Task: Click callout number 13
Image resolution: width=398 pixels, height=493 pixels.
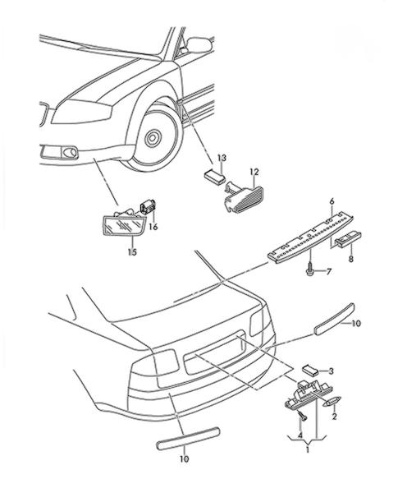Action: (x=222, y=158)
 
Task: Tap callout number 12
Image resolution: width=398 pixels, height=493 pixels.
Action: (x=254, y=172)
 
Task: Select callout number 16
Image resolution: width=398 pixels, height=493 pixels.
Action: (x=153, y=227)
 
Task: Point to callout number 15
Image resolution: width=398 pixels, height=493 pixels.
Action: (x=132, y=252)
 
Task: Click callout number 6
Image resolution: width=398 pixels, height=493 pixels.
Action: (x=332, y=201)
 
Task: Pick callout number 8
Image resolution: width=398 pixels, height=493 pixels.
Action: (x=351, y=259)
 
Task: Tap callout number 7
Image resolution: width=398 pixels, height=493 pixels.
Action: (x=329, y=271)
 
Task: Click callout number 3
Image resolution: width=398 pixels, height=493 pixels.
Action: (x=331, y=371)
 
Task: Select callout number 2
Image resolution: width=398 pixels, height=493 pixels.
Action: (x=334, y=417)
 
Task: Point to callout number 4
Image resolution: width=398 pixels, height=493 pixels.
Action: (x=300, y=435)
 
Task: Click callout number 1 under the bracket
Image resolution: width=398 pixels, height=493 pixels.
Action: (x=308, y=449)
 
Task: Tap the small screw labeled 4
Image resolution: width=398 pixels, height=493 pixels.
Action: (x=303, y=417)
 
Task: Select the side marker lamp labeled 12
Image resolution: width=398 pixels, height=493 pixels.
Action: (x=244, y=196)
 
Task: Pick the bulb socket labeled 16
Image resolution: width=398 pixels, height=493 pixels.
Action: (x=149, y=206)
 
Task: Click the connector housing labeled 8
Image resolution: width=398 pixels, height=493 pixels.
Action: (x=349, y=238)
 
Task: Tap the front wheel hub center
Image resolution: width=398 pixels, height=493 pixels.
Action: (x=153, y=137)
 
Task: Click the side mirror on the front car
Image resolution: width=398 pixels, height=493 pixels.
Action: (x=199, y=45)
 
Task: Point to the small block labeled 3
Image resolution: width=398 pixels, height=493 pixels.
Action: (x=310, y=370)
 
